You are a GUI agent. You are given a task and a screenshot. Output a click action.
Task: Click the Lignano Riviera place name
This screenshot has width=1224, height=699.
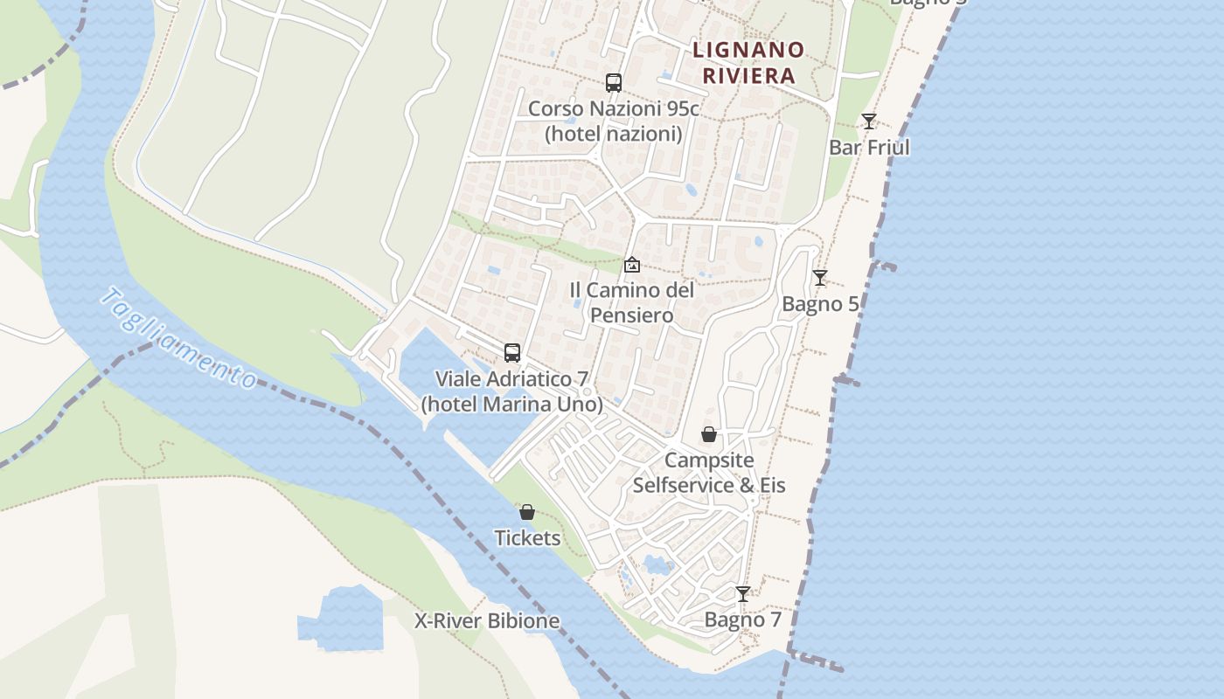748,62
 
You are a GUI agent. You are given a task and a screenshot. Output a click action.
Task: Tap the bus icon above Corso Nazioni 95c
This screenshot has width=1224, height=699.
614,83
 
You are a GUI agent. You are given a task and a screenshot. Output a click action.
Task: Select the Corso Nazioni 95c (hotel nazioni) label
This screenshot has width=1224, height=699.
614,121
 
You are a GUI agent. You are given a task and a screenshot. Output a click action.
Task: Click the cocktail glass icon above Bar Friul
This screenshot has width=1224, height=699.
868,121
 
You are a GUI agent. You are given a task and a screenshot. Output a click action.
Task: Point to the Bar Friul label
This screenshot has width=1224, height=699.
869,148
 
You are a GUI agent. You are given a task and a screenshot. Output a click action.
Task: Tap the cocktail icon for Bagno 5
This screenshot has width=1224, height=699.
819,278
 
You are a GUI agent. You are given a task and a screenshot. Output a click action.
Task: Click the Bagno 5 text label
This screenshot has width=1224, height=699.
820,304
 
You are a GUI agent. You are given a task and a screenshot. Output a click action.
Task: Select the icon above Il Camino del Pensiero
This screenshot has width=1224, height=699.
632,264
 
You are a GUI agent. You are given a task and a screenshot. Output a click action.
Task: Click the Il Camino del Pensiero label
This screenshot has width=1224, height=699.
632,302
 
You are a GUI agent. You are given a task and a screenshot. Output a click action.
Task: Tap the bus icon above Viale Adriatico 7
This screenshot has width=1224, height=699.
512,353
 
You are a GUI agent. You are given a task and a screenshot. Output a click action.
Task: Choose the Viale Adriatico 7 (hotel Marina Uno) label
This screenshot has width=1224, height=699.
512,391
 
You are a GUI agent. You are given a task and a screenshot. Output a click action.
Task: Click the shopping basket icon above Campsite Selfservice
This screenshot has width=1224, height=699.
709,434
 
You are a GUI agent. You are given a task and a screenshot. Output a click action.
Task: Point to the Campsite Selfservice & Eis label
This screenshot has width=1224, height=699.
709,473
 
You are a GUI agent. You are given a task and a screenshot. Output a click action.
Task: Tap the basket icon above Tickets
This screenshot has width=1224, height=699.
527,512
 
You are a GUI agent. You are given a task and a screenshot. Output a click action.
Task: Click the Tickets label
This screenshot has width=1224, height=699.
527,538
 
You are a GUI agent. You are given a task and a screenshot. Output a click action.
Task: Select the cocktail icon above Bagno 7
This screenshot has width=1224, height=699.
742,594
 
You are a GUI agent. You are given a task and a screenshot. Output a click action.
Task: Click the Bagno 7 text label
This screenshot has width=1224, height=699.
742,620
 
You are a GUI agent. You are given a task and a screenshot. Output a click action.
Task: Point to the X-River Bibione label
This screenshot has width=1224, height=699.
487,621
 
